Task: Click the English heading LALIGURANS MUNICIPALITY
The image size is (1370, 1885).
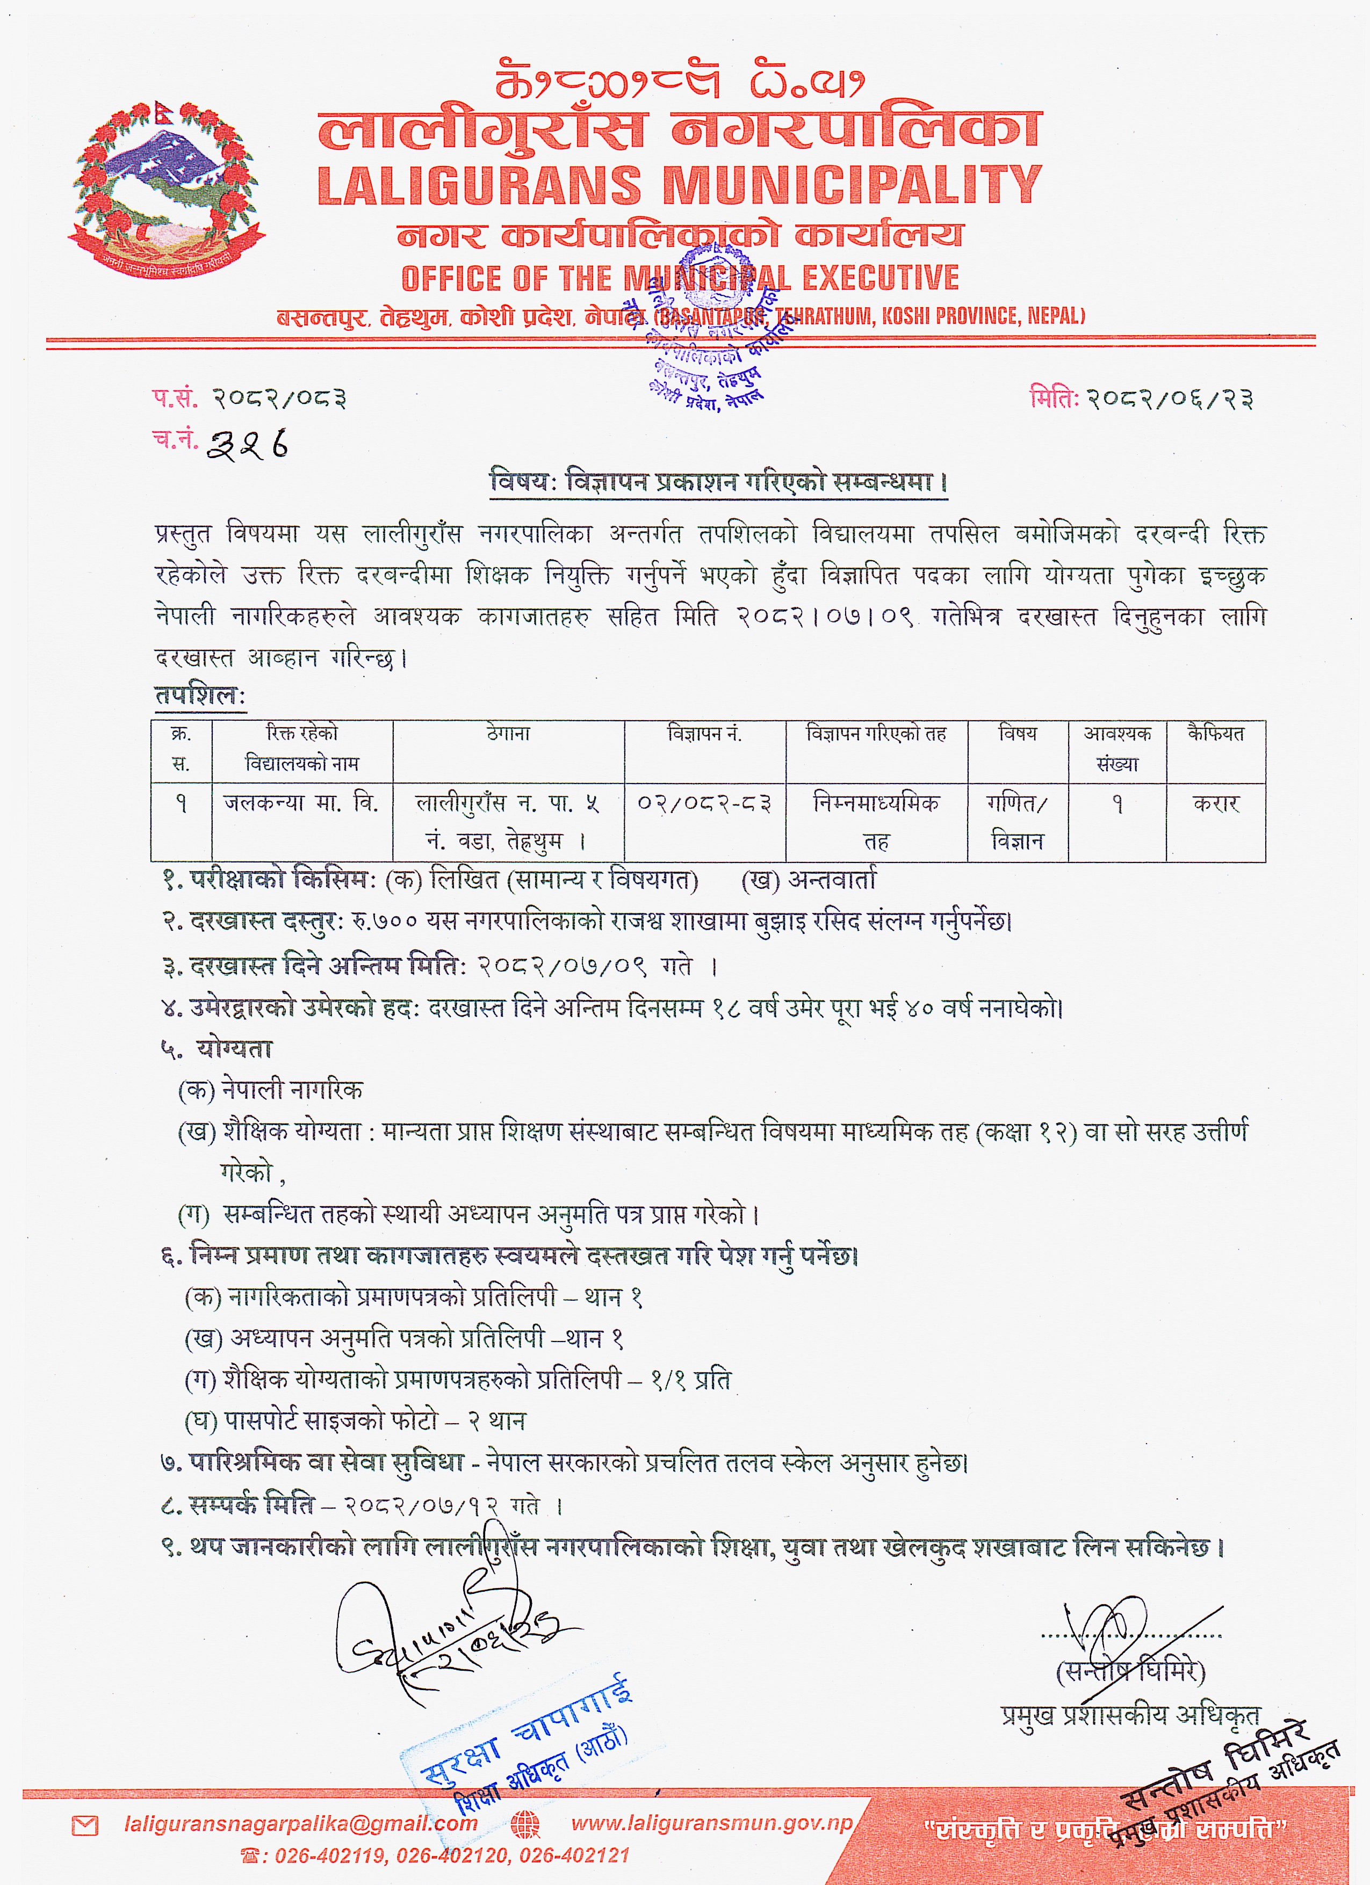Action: tap(679, 185)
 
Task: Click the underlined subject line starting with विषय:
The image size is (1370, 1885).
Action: tap(718, 482)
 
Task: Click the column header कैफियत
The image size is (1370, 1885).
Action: tap(1215, 734)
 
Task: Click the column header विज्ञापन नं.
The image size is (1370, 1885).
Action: tap(704, 734)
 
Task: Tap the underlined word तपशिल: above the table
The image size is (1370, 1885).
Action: tap(199, 695)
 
